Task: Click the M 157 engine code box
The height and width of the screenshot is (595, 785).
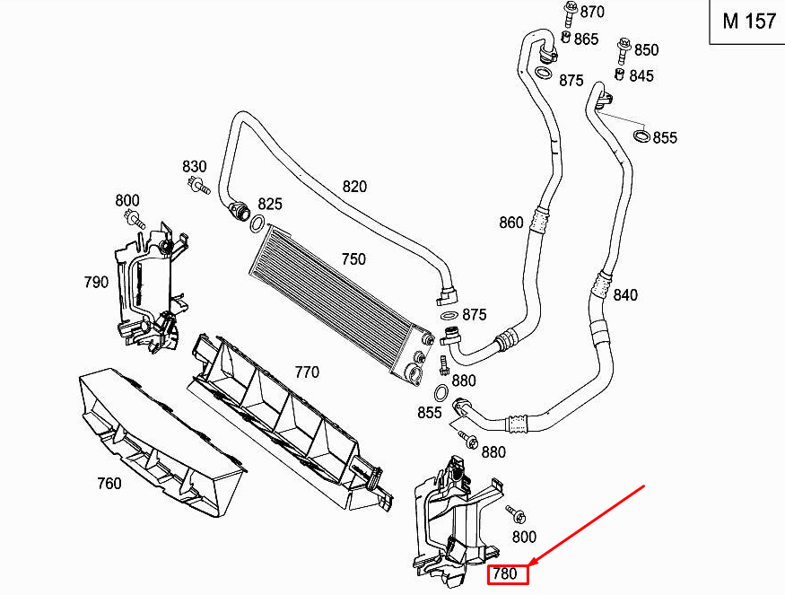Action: pos(747,22)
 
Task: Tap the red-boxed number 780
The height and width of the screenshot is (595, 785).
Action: pos(508,574)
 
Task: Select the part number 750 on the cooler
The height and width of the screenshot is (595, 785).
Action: pos(353,259)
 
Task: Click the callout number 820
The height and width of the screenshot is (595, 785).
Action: pos(354,187)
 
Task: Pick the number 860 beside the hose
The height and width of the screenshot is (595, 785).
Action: pos(511,223)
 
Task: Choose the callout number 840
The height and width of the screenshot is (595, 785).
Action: pos(625,295)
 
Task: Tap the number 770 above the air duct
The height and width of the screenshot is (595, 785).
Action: pos(307,372)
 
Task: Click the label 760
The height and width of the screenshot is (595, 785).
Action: pos(109,484)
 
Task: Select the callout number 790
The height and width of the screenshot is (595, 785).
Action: pos(96,282)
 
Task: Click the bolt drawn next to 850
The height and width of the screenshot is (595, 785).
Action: pos(624,50)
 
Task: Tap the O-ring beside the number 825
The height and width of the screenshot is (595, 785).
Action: pos(257,223)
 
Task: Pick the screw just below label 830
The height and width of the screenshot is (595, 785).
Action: pos(198,186)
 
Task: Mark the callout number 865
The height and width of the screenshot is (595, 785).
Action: pos(586,39)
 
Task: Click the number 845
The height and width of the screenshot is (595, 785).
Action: pos(641,76)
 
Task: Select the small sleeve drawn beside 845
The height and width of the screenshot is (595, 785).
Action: pos(619,74)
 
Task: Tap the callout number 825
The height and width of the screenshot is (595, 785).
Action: pos(270,205)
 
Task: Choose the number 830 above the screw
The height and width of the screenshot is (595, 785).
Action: pos(195,166)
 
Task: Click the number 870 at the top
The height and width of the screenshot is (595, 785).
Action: pos(592,12)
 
